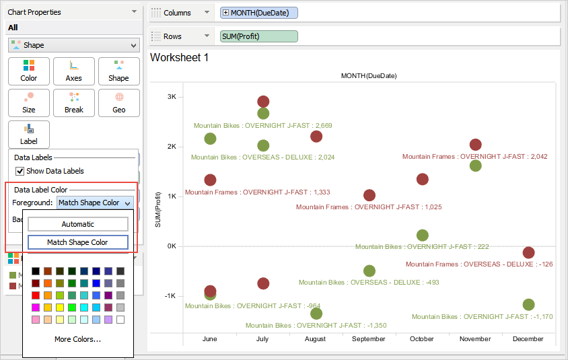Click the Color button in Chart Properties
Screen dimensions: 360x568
pos(29,71)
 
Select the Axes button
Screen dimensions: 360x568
pos(74,71)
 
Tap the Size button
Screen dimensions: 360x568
pos(29,102)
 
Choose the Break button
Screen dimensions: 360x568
pos(74,102)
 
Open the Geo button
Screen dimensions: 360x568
pos(119,102)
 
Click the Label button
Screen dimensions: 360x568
pos(29,134)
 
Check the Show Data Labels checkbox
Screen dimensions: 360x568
pos(20,171)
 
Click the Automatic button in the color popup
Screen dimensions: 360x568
pos(78,224)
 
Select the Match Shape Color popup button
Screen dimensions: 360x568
pos(78,242)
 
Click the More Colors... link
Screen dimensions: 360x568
pos(78,339)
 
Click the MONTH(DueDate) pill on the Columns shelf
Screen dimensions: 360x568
pos(259,13)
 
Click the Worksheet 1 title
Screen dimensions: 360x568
pos(180,58)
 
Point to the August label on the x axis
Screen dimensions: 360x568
pos(316,339)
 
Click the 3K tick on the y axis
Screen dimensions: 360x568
pos(171,97)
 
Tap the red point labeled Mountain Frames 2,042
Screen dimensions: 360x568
pos(475,145)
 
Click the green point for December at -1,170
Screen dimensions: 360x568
pos(528,305)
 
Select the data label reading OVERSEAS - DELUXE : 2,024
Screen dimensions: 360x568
pos(262,157)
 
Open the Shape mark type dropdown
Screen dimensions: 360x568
pos(74,45)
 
